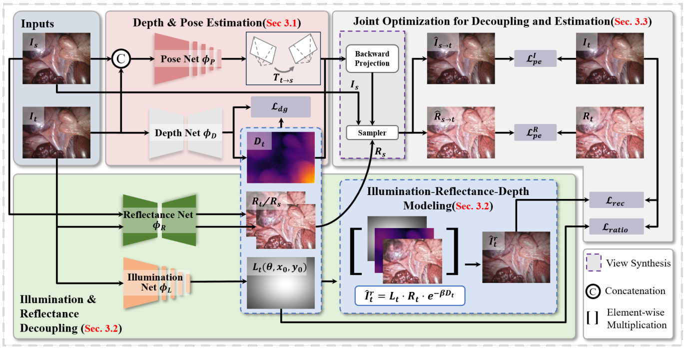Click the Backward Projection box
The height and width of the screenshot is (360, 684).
(x=372, y=58)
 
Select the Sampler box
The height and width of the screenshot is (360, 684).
(x=372, y=132)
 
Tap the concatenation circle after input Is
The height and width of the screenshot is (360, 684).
(x=121, y=58)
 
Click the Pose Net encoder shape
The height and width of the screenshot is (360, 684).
(x=188, y=58)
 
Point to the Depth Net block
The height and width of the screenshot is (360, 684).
(x=186, y=133)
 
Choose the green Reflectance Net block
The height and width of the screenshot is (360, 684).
(x=159, y=220)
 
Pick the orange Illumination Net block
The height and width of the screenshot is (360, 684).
(x=157, y=282)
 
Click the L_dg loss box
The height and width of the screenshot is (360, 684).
(x=281, y=107)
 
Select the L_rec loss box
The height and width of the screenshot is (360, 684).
(x=617, y=200)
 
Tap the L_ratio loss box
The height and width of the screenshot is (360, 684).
(x=617, y=227)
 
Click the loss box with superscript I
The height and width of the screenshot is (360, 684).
(x=535, y=58)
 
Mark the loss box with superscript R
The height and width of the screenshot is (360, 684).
(x=535, y=132)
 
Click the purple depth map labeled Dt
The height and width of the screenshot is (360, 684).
(x=281, y=157)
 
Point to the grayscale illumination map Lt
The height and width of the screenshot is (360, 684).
(x=281, y=283)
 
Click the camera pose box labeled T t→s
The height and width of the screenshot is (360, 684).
(x=283, y=58)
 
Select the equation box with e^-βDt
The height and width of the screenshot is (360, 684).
(x=410, y=296)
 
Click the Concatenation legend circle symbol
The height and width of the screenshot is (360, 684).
(x=593, y=291)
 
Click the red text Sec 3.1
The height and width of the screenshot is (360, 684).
(x=282, y=23)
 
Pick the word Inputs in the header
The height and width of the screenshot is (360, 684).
(x=37, y=24)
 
